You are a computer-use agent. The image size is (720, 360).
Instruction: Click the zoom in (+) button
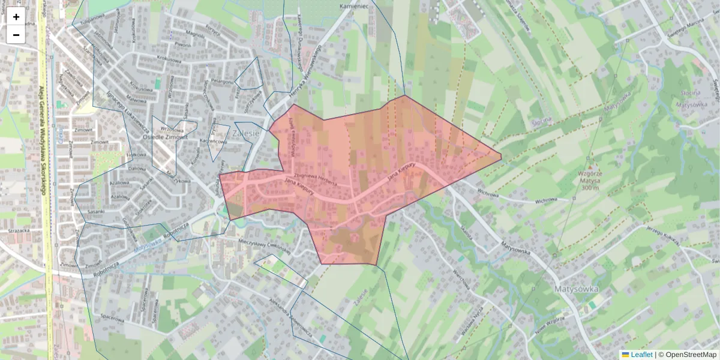coord(16,17)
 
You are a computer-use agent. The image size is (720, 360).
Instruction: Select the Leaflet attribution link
coord(641,355)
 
